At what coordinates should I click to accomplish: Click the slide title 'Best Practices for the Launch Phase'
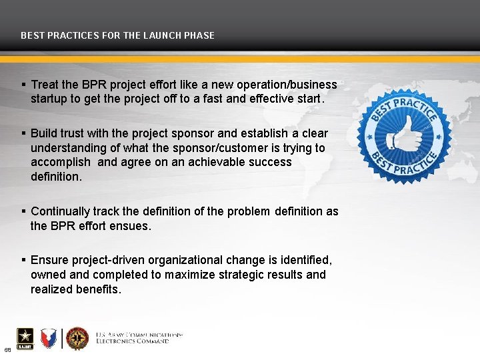tap(117, 35)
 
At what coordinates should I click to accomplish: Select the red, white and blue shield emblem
tap(48, 339)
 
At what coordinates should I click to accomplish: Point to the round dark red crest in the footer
tap(77, 338)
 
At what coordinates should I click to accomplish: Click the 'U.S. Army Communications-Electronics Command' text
tap(139, 337)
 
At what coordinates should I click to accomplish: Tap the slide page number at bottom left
tap(7, 350)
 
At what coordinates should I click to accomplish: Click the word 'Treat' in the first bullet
tap(45, 85)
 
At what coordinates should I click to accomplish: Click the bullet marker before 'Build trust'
tap(24, 133)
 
